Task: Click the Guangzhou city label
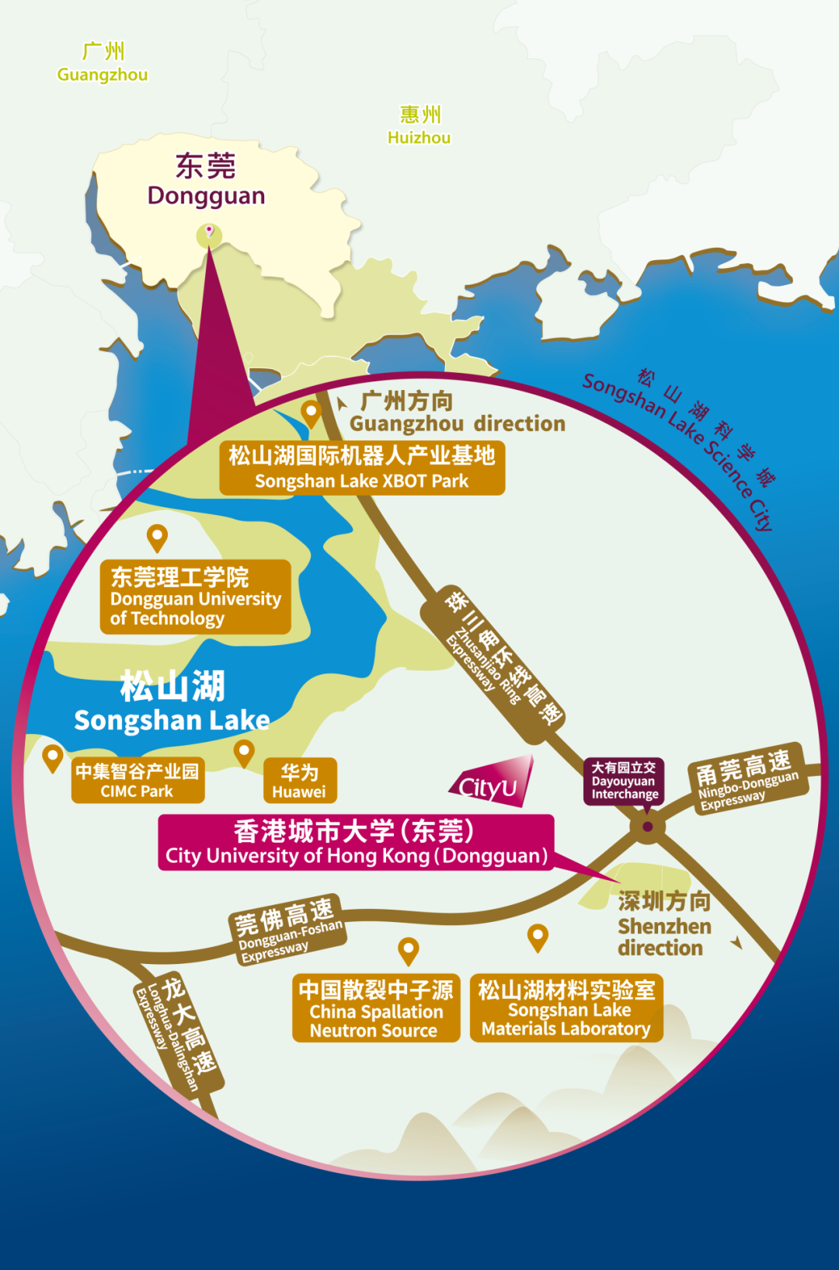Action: [103, 63]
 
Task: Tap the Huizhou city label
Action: [419, 126]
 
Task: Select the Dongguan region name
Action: [206, 180]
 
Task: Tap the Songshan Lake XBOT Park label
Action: [362, 468]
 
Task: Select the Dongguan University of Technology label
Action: [195, 597]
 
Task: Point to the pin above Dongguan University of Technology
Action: [158, 535]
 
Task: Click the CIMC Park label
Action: [138, 781]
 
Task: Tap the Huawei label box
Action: [300, 781]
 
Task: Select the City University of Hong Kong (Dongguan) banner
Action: [356, 843]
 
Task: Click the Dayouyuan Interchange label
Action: [625, 781]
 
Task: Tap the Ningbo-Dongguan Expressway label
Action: [748, 780]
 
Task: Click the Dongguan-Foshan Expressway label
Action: [287, 928]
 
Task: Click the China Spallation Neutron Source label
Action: [376, 1008]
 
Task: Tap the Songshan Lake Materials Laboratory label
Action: [566, 1008]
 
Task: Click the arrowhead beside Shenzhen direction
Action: [736, 943]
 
